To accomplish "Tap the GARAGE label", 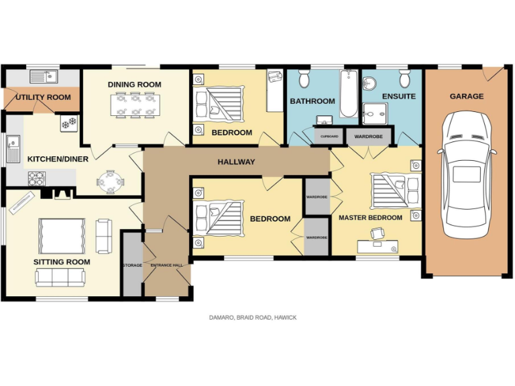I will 466,96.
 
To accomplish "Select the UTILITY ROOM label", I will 43,98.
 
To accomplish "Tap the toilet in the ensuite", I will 405,80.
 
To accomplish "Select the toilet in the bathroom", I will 303,80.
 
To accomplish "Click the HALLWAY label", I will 236,162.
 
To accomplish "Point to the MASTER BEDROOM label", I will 370,218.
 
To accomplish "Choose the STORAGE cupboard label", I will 132,265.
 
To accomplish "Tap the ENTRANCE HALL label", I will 166,265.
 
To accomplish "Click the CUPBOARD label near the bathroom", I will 329,136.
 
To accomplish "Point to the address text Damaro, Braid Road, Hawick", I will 252,318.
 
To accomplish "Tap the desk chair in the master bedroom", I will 377,233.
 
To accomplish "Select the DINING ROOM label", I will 135,84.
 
